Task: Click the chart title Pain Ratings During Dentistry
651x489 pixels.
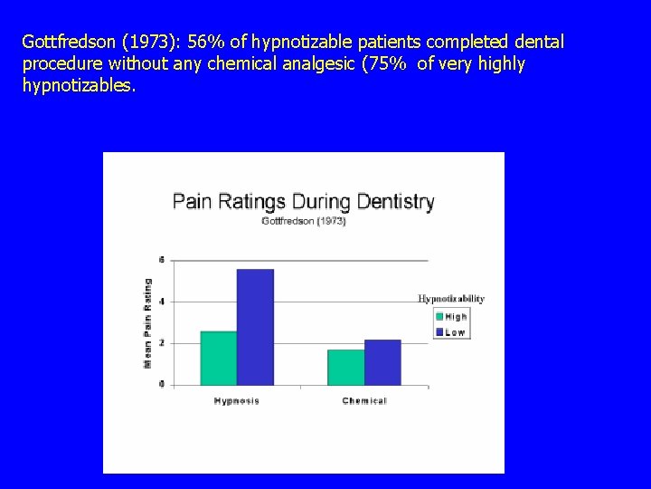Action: (x=303, y=201)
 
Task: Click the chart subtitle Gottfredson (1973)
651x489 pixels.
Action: (x=303, y=221)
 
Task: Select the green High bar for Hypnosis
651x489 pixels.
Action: (x=218, y=359)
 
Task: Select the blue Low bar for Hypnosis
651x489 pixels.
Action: (x=255, y=327)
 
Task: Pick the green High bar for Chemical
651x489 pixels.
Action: (x=345, y=367)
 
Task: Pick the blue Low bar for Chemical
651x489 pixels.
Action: (x=382, y=362)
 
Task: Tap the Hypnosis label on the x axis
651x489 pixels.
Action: (x=236, y=401)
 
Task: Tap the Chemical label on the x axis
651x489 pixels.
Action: (x=364, y=401)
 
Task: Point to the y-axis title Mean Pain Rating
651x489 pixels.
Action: (x=148, y=322)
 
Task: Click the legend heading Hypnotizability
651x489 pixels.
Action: (x=450, y=299)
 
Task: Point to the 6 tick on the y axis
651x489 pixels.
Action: (x=161, y=260)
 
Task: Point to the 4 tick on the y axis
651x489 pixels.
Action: (x=161, y=302)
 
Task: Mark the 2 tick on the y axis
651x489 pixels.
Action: (x=161, y=343)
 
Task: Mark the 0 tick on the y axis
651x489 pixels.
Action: (x=161, y=385)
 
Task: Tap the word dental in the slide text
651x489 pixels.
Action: (x=540, y=43)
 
